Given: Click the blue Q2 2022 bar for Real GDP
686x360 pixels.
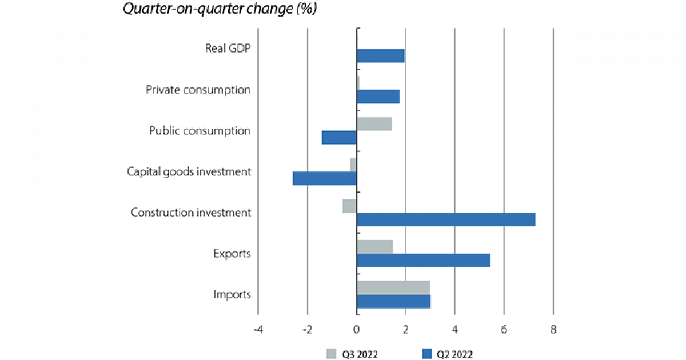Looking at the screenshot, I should coord(380,55).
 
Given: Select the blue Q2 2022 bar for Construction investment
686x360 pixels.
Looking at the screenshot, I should coord(446,219).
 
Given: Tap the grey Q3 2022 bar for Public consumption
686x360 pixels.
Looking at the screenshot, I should coord(374,123).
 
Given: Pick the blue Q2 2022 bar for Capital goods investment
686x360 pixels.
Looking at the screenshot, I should coord(325,178).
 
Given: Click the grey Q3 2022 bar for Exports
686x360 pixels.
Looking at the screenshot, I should coord(374,246).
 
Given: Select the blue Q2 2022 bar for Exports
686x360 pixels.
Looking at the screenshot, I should coord(423,260).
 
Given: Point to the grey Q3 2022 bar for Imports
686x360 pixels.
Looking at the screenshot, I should coord(393,287).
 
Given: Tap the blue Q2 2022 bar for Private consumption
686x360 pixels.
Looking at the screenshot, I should coord(378,97).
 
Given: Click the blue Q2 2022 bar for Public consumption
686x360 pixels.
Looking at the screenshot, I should coord(339,137).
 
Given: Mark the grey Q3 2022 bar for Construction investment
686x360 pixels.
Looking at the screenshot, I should coord(349,206).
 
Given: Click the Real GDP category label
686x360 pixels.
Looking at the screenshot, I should coord(228,48).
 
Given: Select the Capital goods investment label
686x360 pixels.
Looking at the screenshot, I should coord(189,171).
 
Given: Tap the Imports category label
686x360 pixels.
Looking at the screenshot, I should coord(232,295).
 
